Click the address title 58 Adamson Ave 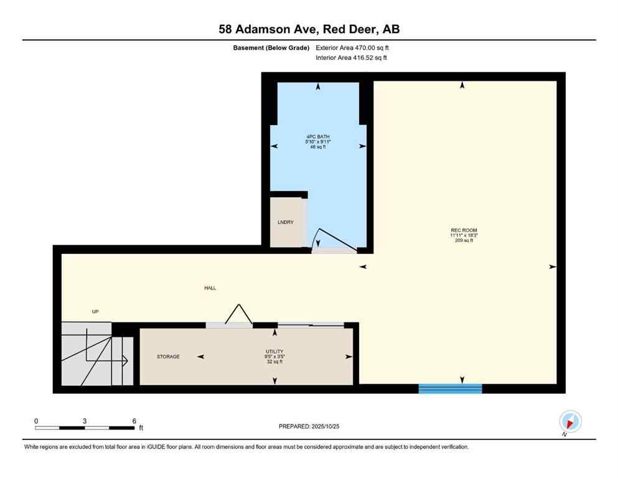(x=309, y=29)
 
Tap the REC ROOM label (x=464, y=231)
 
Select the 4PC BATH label (x=317, y=136)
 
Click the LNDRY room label (x=285, y=222)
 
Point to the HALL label (x=210, y=288)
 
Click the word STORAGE (x=168, y=357)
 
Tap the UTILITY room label (x=274, y=352)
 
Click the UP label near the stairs (x=95, y=312)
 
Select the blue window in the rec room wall (x=450, y=388)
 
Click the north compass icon (x=570, y=421)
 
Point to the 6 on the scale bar (x=134, y=421)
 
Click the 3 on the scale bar (x=84, y=421)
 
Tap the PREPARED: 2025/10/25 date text (x=309, y=426)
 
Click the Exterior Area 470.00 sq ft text (x=352, y=47)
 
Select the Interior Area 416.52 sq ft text (x=351, y=58)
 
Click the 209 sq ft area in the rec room (x=464, y=241)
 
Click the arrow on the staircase (x=125, y=360)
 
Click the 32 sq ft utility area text (x=274, y=362)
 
